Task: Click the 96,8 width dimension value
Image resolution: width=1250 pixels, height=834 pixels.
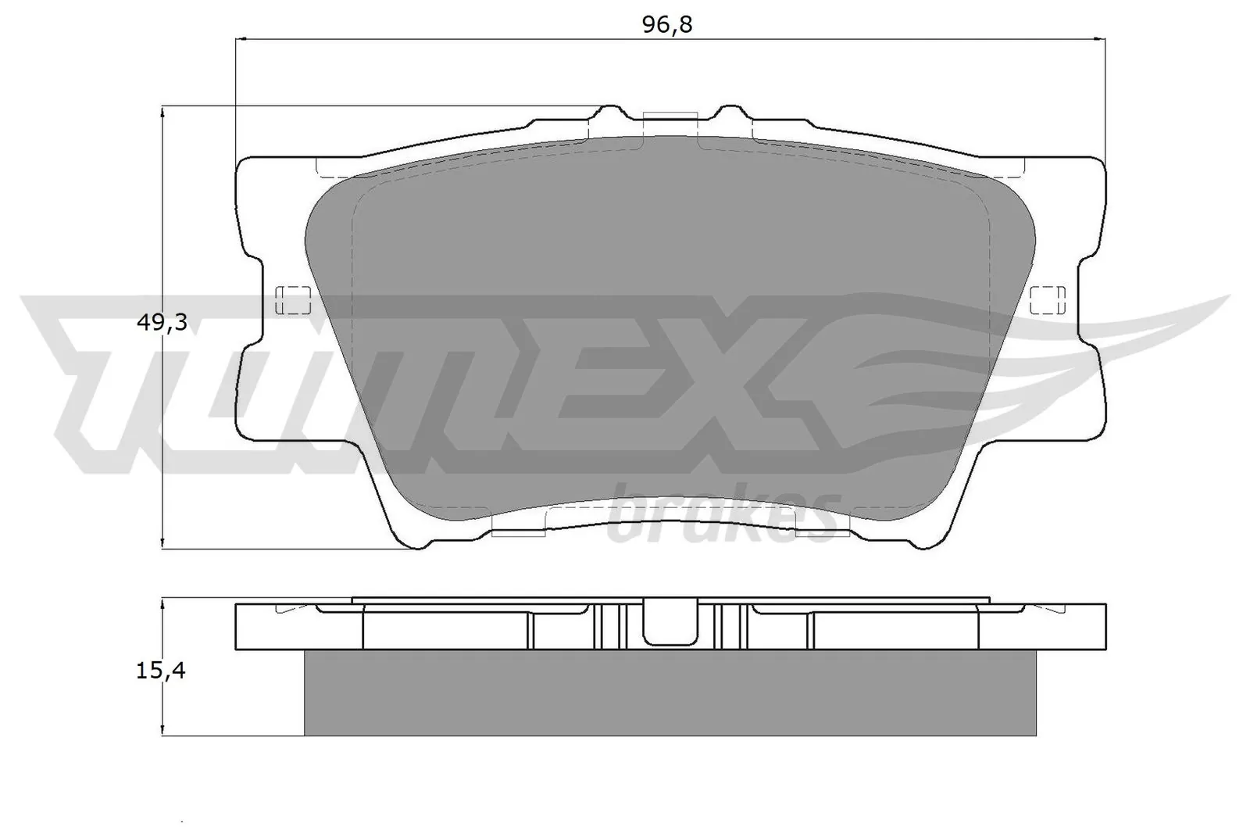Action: [x=667, y=25]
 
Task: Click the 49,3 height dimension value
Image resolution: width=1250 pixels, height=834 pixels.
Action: [x=161, y=322]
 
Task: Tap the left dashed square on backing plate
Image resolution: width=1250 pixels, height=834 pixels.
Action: [x=294, y=300]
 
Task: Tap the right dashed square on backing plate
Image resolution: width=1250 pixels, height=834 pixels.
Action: [x=1048, y=300]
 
